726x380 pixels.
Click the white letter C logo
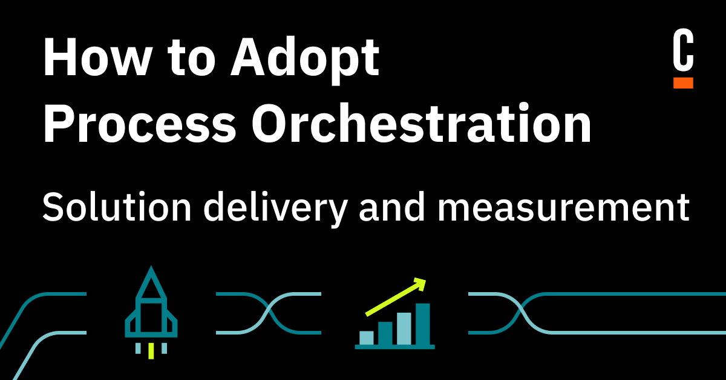683,53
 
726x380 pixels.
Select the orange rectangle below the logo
683,82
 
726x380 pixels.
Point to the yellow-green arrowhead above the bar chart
419,282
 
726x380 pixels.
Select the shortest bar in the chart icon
366,336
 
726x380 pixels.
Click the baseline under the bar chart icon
394,346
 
